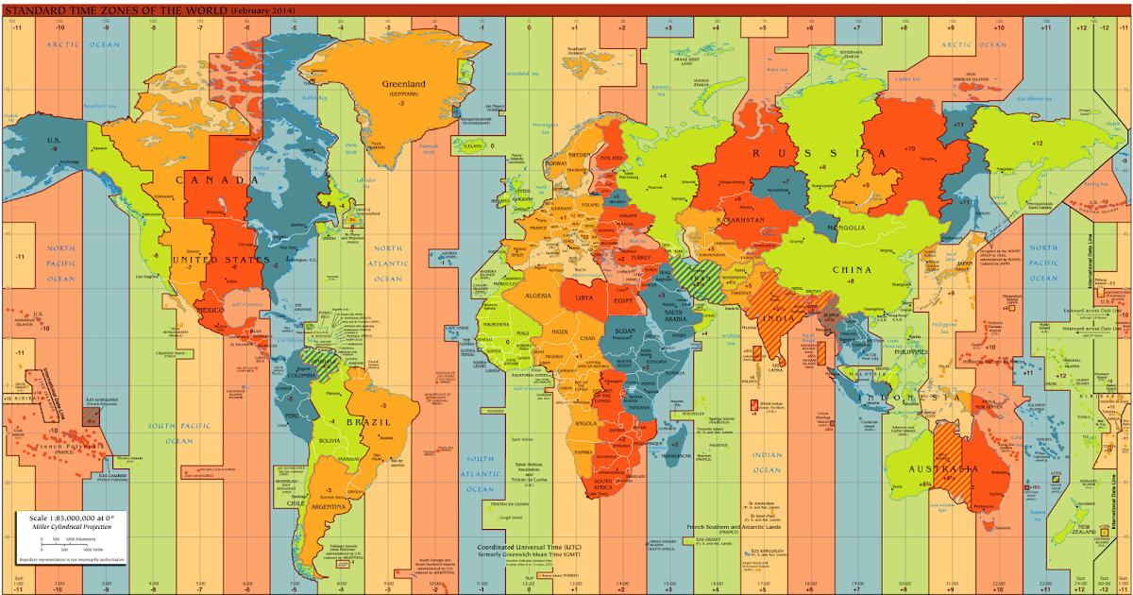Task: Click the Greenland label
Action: coord(403,84)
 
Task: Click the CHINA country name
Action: coord(852,269)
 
